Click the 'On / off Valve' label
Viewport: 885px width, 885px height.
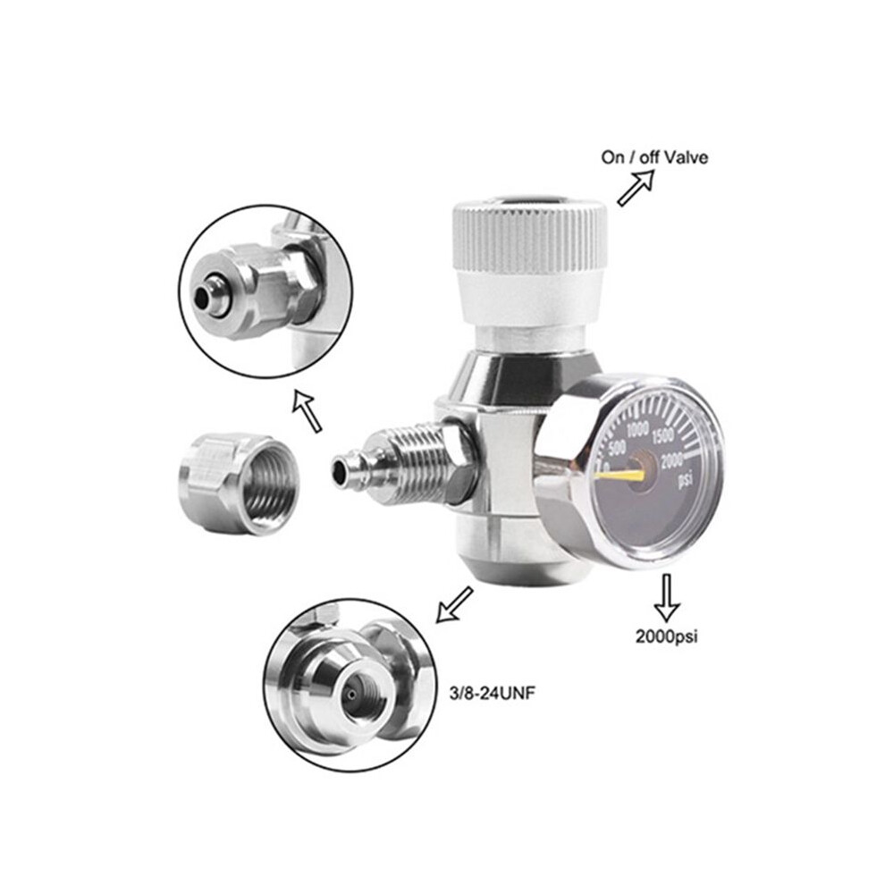(654, 157)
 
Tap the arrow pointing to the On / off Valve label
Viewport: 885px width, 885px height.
(636, 188)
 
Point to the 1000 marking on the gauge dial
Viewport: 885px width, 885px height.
(637, 430)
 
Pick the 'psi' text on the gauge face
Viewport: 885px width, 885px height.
(685, 480)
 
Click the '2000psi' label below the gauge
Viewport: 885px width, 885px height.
(667, 636)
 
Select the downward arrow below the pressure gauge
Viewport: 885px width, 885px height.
(667, 598)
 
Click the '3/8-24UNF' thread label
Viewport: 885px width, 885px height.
(492, 694)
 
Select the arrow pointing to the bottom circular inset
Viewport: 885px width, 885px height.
(454, 604)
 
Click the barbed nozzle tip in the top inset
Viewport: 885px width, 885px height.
(208, 293)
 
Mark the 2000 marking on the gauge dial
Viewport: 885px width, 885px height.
(671, 461)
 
